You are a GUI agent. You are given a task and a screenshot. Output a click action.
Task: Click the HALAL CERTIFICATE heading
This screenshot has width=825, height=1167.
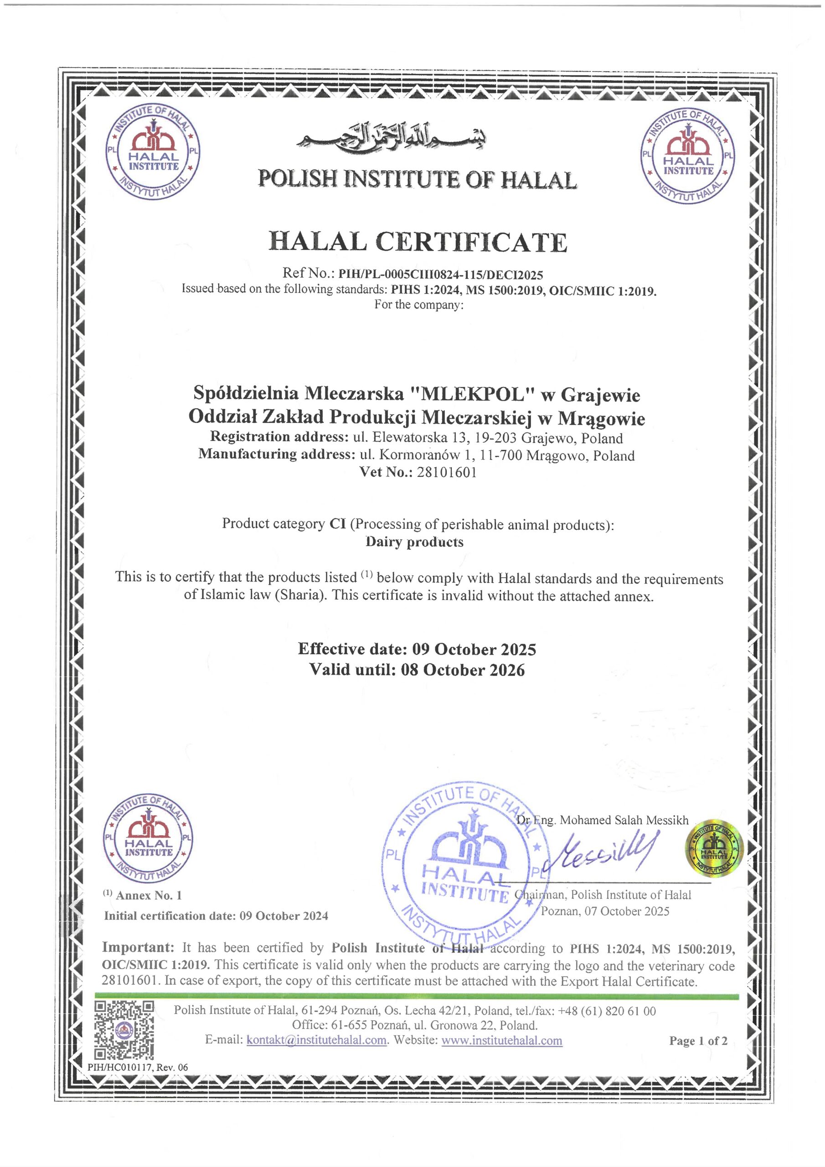coord(418,242)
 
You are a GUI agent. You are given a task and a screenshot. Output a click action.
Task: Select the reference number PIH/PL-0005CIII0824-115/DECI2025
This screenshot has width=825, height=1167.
coord(441,275)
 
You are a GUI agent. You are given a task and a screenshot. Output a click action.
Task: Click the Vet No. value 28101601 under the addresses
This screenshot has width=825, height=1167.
coord(447,472)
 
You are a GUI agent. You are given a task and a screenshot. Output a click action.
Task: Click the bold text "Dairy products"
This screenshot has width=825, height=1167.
coord(414,542)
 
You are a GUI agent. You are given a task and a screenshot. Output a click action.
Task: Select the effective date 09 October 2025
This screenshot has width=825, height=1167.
coord(474,650)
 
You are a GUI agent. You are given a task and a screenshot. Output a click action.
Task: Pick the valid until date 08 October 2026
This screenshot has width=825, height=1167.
coord(463,671)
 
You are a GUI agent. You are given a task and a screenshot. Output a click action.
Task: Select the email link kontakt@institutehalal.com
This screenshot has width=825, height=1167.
coord(317,1040)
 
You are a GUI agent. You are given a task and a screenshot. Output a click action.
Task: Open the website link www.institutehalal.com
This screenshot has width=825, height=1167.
coord(502,1040)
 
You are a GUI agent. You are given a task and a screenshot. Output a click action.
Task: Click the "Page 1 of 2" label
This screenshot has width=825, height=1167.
coord(698,1041)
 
